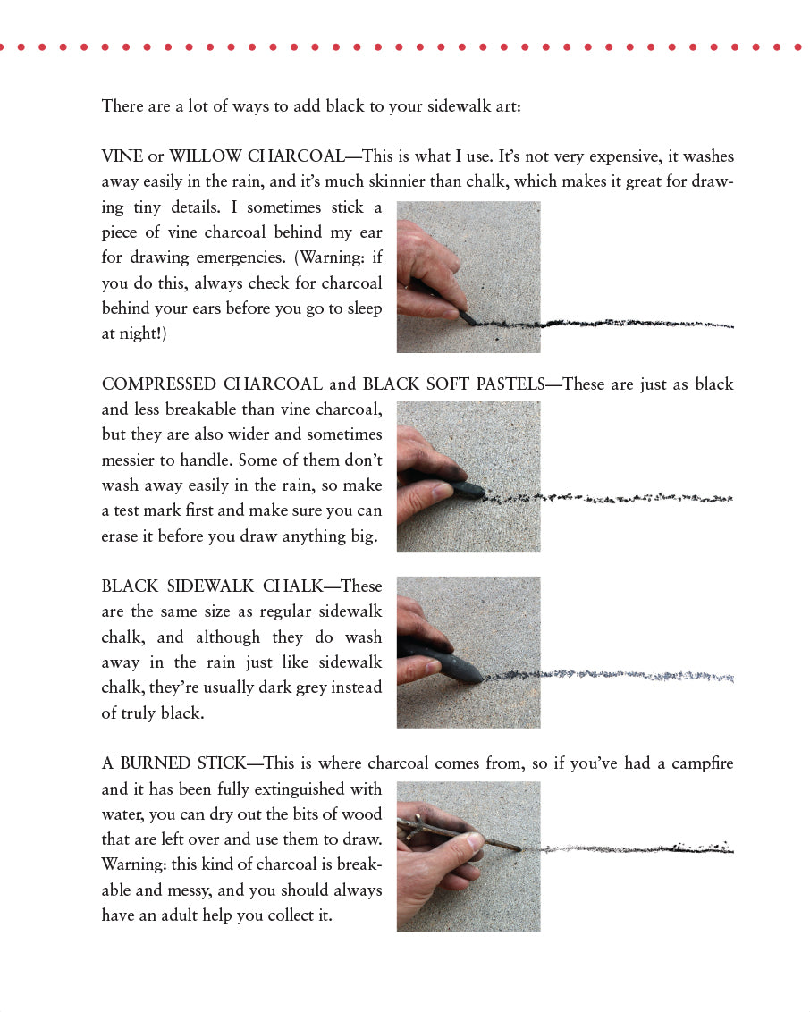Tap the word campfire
pos(703,763)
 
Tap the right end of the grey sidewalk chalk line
pos(732,679)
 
